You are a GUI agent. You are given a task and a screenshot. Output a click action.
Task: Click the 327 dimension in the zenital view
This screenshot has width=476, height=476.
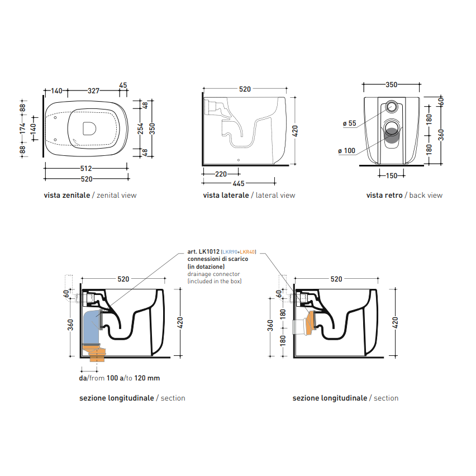click(93, 91)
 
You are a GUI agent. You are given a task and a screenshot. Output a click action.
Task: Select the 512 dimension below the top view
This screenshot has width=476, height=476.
click(86, 169)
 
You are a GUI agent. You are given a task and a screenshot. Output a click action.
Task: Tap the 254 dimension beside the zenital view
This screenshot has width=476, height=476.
click(140, 128)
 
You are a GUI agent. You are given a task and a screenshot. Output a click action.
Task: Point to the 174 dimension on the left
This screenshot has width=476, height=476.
click(22, 128)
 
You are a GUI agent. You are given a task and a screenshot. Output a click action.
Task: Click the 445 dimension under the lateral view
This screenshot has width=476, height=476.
click(239, 184)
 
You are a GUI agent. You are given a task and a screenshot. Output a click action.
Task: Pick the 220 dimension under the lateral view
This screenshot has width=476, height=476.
click(221, 174)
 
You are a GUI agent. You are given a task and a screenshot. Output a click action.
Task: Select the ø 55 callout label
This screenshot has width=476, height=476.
click(349, 123)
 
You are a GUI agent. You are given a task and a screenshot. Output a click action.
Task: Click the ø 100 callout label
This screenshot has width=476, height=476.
click(347, 151)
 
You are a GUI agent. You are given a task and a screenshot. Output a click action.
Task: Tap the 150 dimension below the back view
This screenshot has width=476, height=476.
click(392, 175)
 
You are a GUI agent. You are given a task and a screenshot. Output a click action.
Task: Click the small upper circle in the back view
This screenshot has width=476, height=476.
click(392, 107)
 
